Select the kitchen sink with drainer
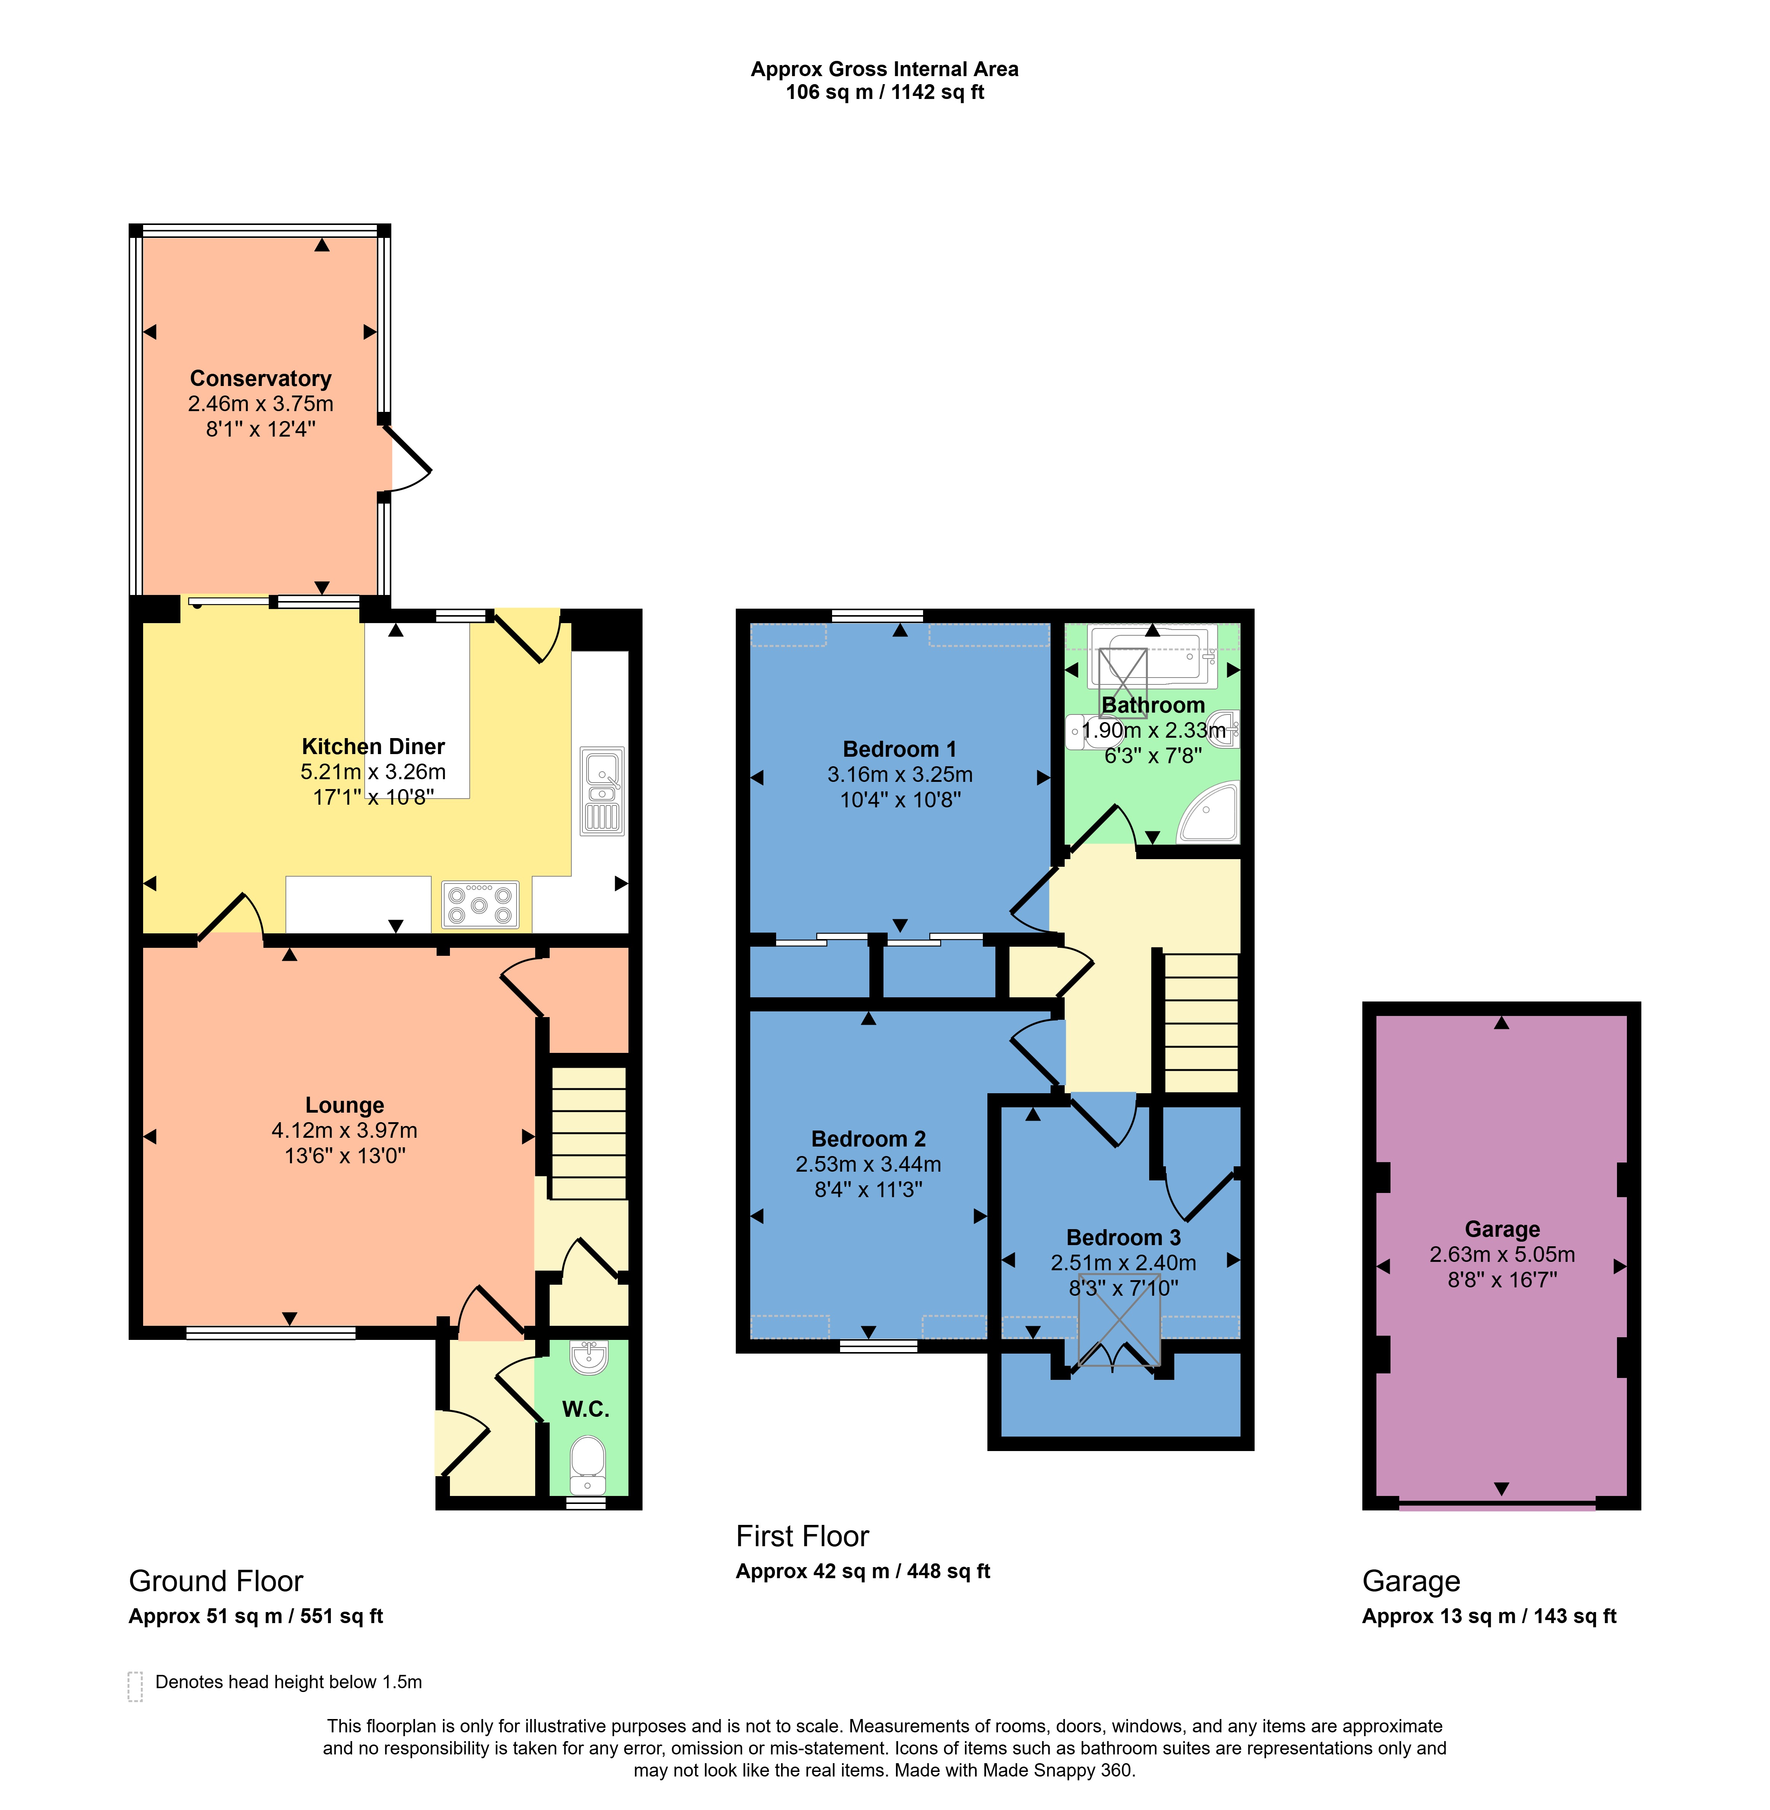pyautogui.click(x=601, y=790)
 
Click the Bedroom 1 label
pyautogui.click(x=899, y=749)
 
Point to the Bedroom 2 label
pyautogui.click(x=868, y=1139)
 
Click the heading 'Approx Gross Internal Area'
pyautogui.click(x=884, y=69)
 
